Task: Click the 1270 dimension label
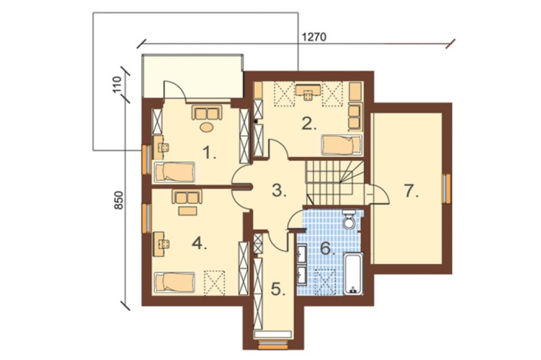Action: (x=314, y=37)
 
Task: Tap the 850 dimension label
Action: (x=118, y=200)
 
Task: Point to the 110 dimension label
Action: (x=117, y=84)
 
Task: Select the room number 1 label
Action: (x=209, y=152)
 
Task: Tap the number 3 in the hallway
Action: (x=279, y=190)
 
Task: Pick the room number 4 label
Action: (x=200, y=244)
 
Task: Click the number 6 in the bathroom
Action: (x=328, y=248)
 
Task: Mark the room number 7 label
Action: (x=411, y=191)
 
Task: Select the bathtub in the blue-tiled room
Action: (x=353, y=274)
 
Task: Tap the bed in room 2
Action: (x=341, y=145)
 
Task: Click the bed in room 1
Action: (x=175, y=172)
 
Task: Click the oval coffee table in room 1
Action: (x=207, y=127)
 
